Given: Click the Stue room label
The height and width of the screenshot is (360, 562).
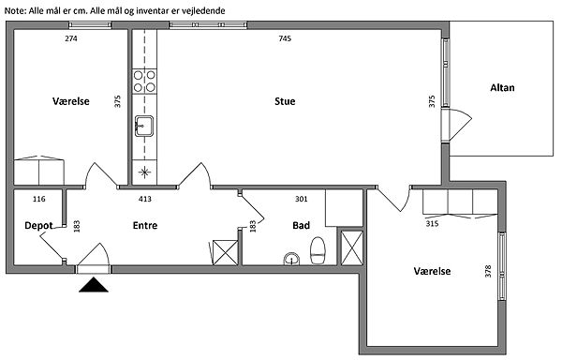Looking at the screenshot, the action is click(x=285, y=101).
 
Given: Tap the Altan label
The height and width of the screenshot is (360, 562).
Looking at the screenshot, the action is click(x=502, y=88).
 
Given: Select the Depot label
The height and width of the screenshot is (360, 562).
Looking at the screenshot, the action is click(x=38, y=226).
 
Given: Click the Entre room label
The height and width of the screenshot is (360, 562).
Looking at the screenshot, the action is click(x=145, y=226).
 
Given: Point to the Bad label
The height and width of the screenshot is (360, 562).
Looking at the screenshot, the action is click(x=301, y=226).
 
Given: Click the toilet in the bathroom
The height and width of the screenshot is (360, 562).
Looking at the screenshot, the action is click(x=318, y=250).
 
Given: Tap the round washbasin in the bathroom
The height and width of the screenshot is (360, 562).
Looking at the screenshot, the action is click(x=291, y=259).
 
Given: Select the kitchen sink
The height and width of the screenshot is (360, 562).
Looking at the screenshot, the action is click(x=144, y=126).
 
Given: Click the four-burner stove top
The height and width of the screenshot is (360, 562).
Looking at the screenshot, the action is click(x=144, y=82).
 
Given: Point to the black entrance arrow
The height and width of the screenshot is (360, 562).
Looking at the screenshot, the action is click(x=94, y=285).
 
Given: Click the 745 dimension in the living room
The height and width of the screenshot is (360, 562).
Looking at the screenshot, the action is click(x=285, y=38).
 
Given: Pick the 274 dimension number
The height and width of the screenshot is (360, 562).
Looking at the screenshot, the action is click(x=71, y=38).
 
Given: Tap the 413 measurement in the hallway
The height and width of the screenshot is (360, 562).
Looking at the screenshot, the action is click(x=145, y=199).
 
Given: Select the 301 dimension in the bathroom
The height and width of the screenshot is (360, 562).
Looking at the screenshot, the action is click(x=301, y=199).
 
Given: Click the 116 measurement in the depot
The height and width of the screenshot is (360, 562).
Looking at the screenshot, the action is click(x=38, y=199).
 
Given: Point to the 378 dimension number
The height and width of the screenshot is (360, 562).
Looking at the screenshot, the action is click(x=487, y=271).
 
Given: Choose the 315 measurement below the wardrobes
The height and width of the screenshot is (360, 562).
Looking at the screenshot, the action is click(x=432, y=224).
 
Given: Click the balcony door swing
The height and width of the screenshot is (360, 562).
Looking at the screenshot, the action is click(x=460, y=125).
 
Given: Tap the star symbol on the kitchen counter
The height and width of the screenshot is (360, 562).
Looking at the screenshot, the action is click(x=144, y=172).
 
